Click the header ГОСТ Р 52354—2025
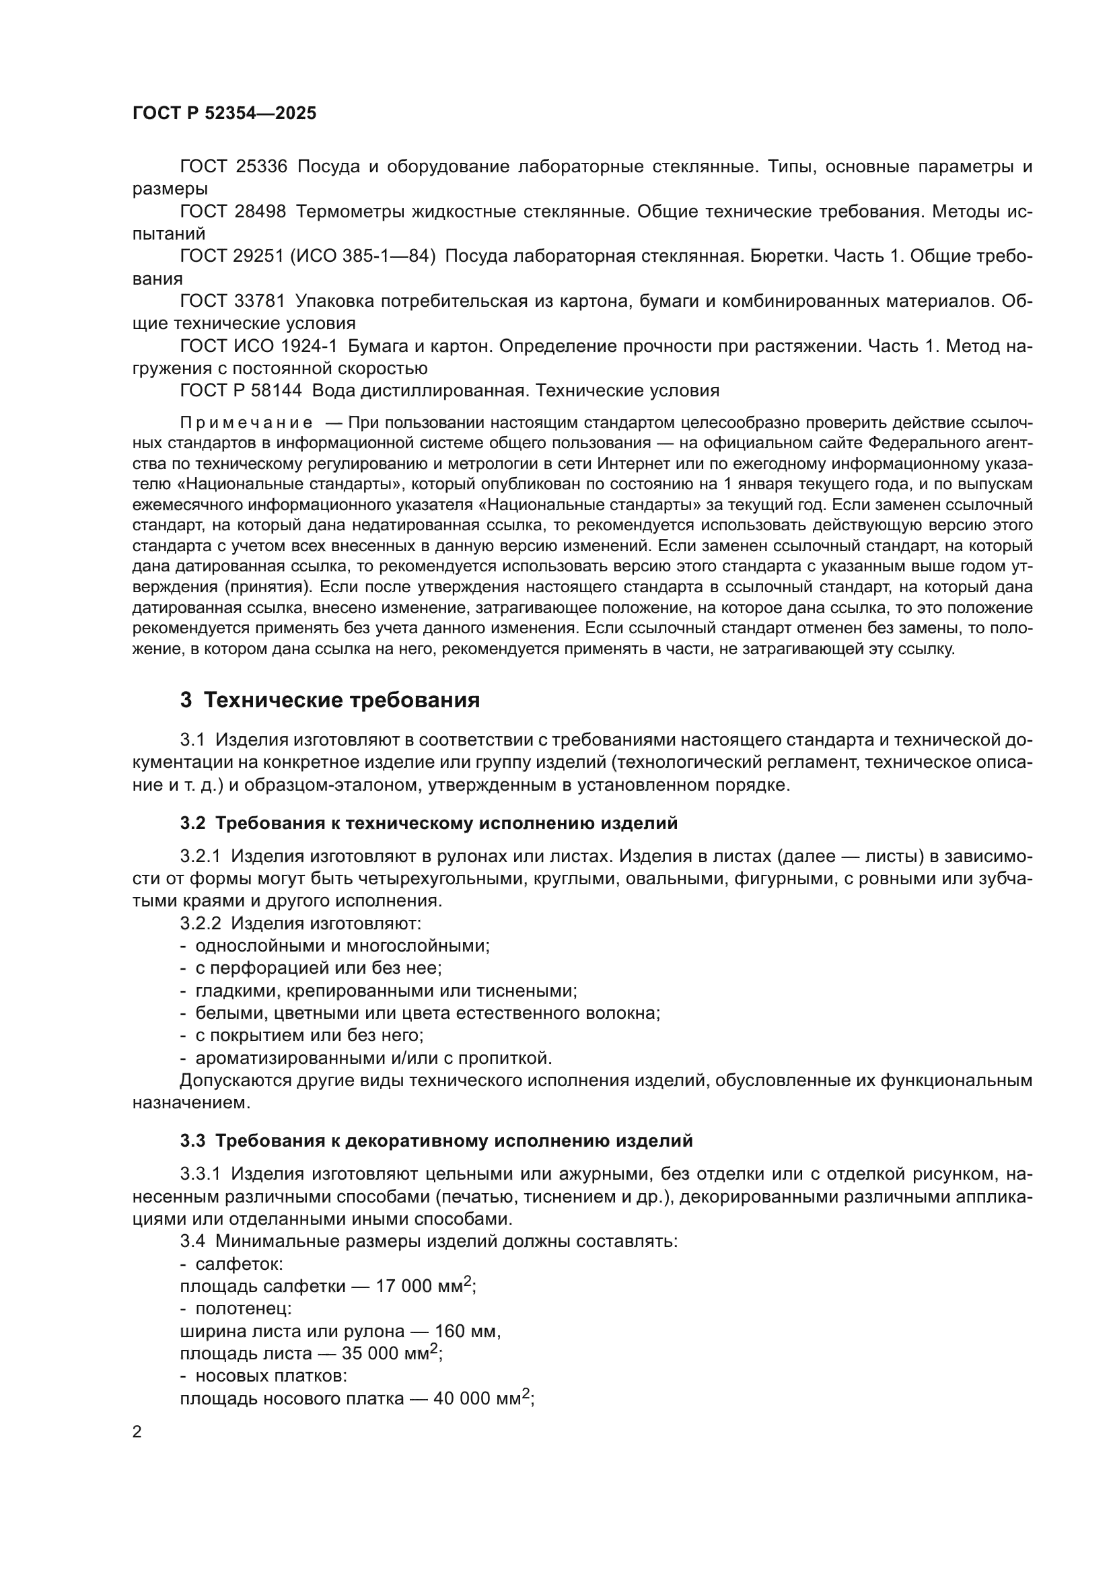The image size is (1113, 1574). (224, 114)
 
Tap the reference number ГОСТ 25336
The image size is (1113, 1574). (233, 167)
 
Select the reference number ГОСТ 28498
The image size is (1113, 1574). (233, 212)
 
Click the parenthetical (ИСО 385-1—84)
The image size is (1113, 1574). (363, 256)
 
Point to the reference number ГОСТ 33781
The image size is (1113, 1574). (233, 301)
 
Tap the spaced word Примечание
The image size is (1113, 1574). (246, 423)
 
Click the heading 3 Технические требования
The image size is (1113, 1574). (330, 701)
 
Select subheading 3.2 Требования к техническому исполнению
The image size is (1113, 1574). (429, 823)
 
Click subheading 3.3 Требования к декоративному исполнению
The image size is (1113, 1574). (437, 1141)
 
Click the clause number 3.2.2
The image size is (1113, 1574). (200, 923)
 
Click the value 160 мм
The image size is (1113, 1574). (467, 1331)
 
